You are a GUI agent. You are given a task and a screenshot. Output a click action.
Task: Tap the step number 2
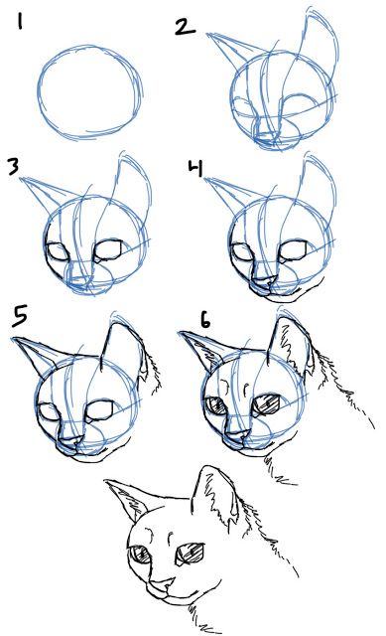[x=185, y=25]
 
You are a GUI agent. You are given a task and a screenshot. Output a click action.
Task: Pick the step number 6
[x=204, y=321]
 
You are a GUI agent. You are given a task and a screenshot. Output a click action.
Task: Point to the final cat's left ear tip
[x=106, y=483]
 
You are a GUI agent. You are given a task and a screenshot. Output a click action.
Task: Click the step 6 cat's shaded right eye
[x=267, y=404]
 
